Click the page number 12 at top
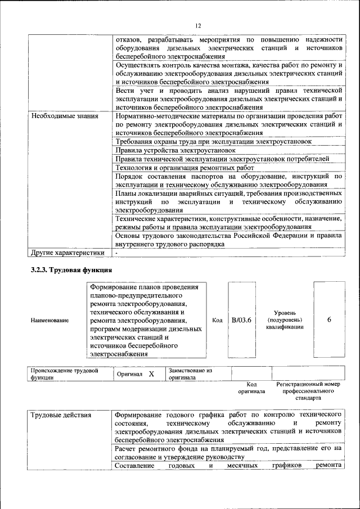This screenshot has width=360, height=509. [198, 26]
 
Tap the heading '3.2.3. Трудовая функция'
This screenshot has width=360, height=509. [71, 271]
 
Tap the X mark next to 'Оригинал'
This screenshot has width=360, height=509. [151, 374]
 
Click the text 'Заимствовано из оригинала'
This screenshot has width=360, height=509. [190, 375]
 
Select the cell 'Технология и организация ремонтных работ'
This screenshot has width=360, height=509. [184, 168]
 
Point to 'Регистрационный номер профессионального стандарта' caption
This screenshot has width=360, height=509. [308, 390]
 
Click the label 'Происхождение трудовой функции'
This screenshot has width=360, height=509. [64, 375]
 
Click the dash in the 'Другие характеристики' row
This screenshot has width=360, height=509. [116, 254]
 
